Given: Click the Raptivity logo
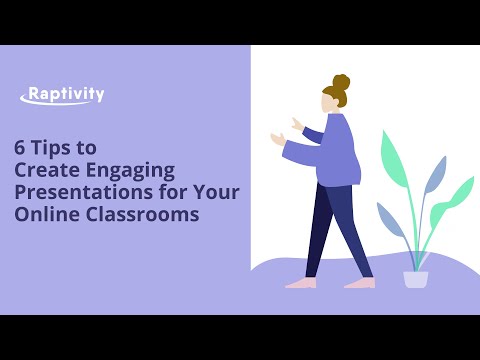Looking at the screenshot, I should click(62, 97).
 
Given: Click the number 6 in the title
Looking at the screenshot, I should click(19, 146).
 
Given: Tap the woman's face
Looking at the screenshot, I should click(329, 103).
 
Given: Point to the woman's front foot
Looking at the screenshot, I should click(299, 283).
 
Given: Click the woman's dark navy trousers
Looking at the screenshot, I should click(330, 225).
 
